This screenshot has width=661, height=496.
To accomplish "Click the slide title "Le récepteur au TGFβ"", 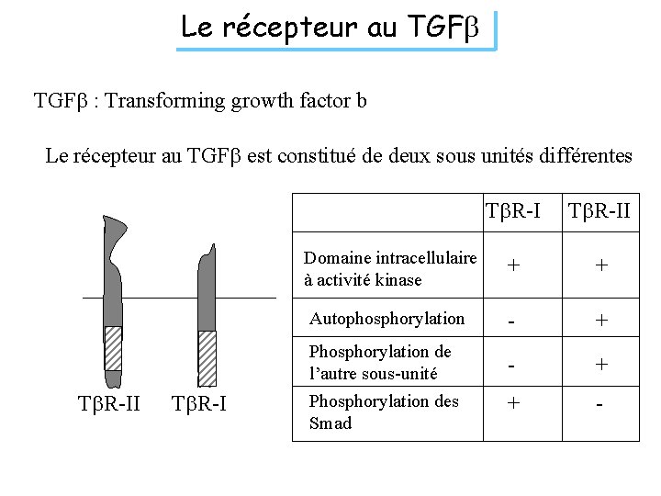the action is pos(336,28).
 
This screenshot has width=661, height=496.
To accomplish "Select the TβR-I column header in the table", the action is pos(512,212).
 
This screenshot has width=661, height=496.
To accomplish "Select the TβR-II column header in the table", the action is pos(599,212).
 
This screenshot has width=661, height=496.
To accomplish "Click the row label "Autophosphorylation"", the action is pos(387,319).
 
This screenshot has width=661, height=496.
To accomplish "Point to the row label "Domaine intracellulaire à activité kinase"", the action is pos(390,268).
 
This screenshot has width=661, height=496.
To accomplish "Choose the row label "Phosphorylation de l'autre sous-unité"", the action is pos(380,363).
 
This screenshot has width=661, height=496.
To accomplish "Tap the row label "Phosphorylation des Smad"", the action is pos(384,411).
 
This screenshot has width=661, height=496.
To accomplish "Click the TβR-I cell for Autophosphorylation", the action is pos(512,320).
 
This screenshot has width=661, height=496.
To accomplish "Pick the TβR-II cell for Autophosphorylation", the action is pos(600,320).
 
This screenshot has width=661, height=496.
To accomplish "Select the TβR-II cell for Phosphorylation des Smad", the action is pos(600,404).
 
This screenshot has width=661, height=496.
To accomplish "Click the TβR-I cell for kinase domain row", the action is pos(512,265).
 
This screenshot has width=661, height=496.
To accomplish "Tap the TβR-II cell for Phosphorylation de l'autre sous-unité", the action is pos(600,364).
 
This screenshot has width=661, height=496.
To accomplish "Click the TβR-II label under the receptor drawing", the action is pos(109,402).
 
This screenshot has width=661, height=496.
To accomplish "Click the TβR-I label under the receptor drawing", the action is pos(201,402).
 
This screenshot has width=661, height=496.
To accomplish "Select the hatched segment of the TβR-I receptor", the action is pos(207,357).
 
